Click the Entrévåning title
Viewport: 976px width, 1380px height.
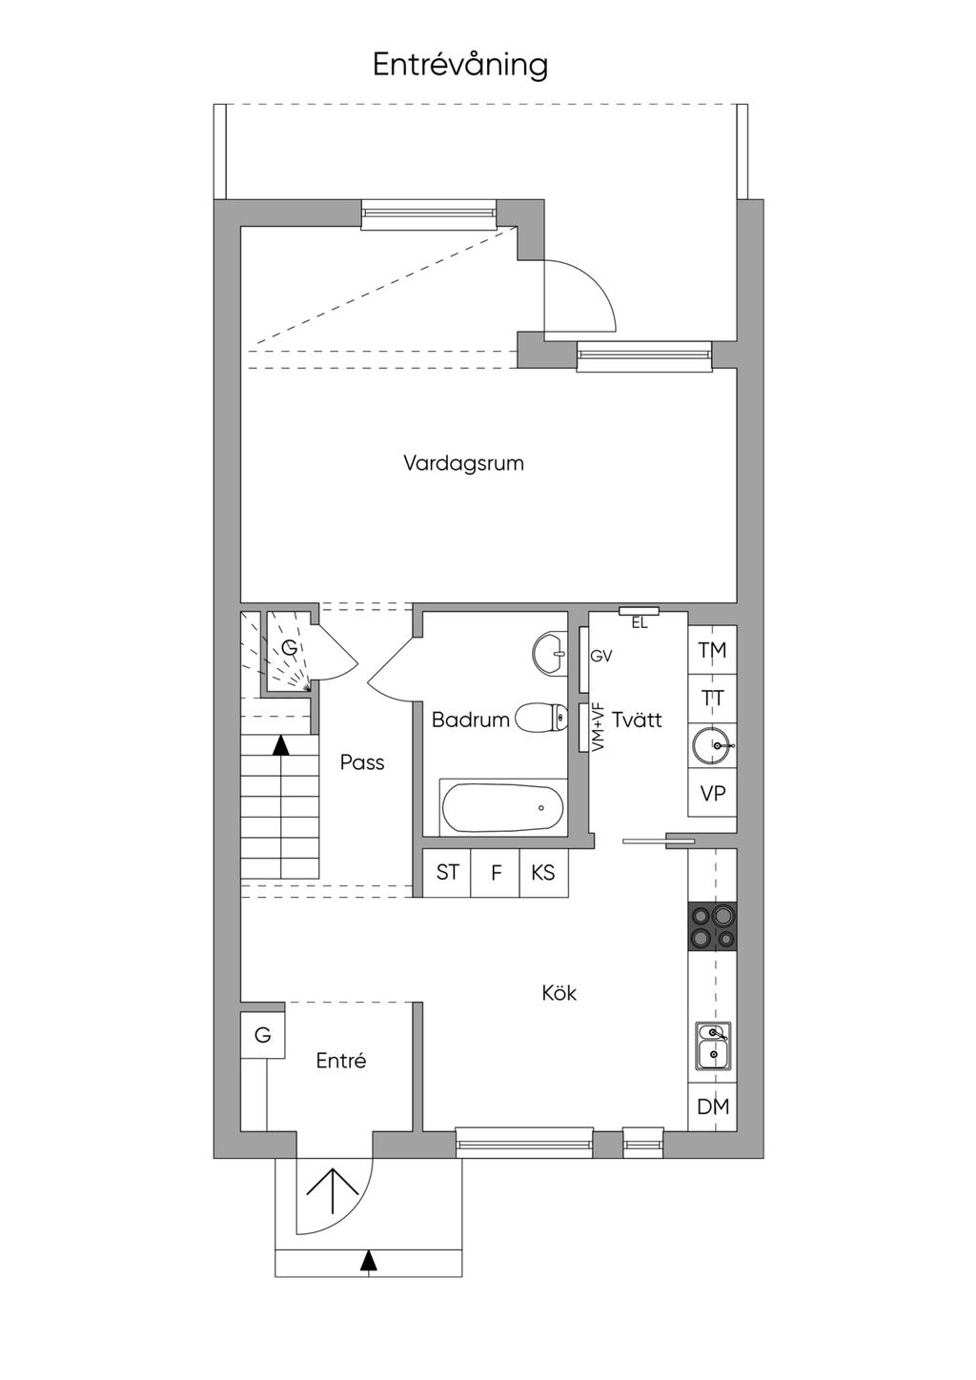(x=459, y=66)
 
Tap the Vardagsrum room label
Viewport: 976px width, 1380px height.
(x=463, y=463)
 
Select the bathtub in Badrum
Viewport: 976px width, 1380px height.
(x=502, y=807)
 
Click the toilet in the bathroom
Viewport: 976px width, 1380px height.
(x=540, y=718)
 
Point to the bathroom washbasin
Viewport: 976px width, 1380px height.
(x=549, y=653)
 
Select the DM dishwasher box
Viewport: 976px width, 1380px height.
(x=712, y=1106)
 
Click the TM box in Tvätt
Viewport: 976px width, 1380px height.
(x=712, y=650)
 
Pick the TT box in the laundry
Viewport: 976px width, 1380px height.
(x=712, y=699)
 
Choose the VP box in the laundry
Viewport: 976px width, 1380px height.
(x=712, y=793)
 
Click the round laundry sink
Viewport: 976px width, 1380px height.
(x=713, y=746)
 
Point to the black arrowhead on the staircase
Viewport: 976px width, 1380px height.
(x=281, y=745)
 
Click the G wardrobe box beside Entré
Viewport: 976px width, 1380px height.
(x=262, y=1035)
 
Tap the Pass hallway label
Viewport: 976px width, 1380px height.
(x=362, y=762)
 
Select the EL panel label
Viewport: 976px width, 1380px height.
(x=640, y=623)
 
